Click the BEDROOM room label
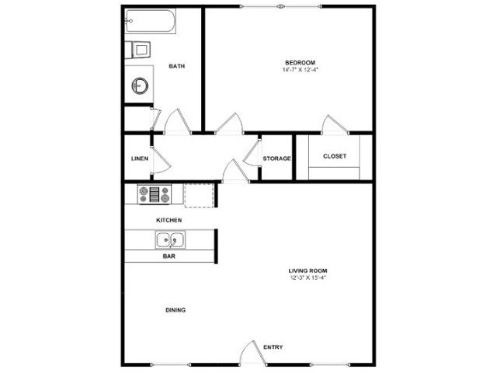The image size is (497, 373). click(301, 63)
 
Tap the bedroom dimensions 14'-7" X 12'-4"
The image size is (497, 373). click(301, 70)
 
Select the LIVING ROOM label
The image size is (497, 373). click(308, 271)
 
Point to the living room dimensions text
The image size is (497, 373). click(308, 278)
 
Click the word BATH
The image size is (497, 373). click(177, 66)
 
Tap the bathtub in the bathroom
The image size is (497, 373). click(150, 21)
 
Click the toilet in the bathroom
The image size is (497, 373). click(137, 50)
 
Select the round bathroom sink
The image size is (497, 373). click(140, 85)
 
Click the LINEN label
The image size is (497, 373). click(140, 159)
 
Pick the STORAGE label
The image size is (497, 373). click(276, 159)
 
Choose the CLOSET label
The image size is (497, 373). click(335, 156)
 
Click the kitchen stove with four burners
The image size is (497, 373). click(155, 194)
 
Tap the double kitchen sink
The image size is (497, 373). click(170, 240)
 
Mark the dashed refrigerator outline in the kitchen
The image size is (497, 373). click(199, 195)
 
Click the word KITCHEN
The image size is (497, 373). click(169, 220)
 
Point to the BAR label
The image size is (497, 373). click(169, 256)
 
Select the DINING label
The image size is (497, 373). click(176, 310)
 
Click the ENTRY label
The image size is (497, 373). click(273, 347)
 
